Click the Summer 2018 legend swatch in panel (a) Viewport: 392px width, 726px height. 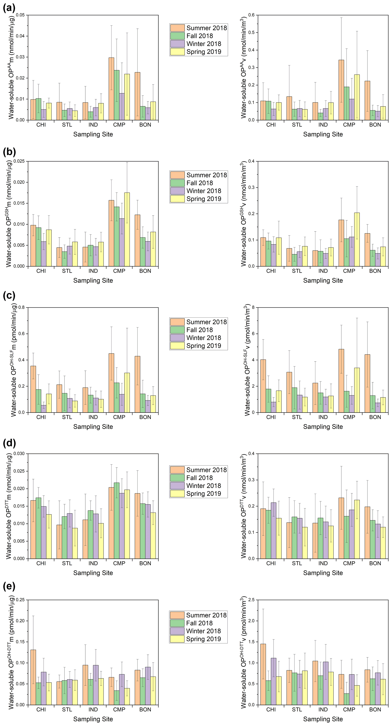pos(177,28)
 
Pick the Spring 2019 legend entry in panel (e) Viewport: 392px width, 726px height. pos(203,639)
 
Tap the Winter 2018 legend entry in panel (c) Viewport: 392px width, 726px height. pos(204,338)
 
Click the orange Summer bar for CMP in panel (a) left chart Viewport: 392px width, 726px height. pos(111,89)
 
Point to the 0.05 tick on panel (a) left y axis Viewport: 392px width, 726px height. pos(20,15)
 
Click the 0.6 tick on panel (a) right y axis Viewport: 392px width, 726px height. pos(251,15)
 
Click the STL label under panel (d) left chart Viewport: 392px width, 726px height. pos(67,563)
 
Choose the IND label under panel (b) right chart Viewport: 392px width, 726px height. pos(323,271)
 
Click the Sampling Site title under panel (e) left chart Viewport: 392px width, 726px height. pos(93,719)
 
